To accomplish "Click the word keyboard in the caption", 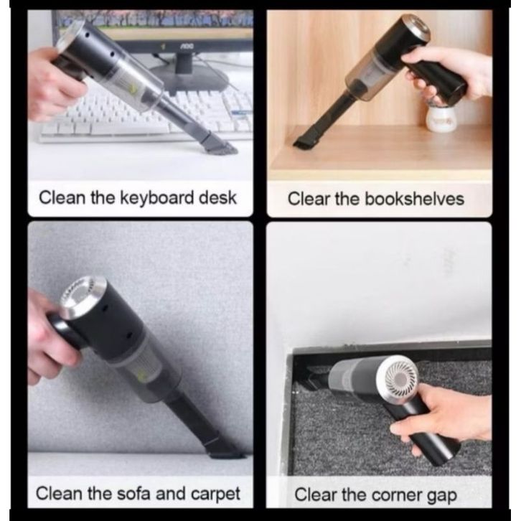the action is [156, 198].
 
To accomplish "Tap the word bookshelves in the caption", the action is [414, 199].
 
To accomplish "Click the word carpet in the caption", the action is [215, 494].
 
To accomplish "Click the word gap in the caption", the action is [442, 497].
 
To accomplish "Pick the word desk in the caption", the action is [217, 197].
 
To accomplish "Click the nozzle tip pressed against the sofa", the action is [227, 450].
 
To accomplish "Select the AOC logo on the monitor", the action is [187, 47].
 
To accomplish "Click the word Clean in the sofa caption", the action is [59, 493].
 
